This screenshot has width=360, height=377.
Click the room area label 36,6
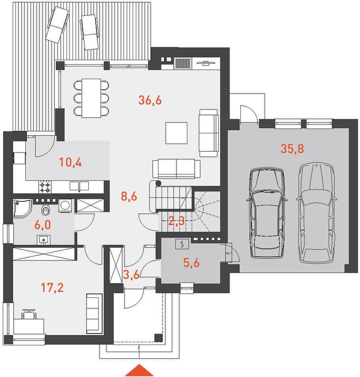point(150,100)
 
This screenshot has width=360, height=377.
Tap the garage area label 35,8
point(292,149)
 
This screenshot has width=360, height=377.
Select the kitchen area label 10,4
point(70,163)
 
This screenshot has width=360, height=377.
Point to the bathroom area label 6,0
point(43,225)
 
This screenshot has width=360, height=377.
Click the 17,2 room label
point(52,287)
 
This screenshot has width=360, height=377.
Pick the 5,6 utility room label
point(191,263)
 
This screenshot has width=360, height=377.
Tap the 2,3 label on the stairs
point(176,221)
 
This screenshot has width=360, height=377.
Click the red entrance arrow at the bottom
point(139,370)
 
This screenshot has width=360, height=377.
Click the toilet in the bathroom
point(45,210)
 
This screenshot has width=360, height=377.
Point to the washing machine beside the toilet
point(65,206)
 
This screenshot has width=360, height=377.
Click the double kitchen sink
point(79,186)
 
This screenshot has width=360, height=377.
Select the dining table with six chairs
point(91,98)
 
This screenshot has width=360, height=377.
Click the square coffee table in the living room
point(176,133)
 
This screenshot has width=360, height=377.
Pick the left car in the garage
point(267,213)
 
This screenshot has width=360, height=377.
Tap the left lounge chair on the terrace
point(57,25)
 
